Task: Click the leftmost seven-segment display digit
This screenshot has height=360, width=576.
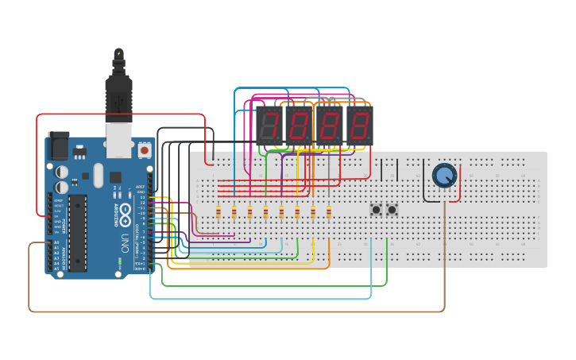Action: [270, 126]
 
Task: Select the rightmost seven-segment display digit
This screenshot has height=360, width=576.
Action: [360, 126]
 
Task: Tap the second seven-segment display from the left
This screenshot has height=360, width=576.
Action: [300, 126]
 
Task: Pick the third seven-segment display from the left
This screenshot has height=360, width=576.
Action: [330, 126]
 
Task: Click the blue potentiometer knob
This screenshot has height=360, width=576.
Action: [444, 175]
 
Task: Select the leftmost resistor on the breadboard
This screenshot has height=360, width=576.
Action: [218, 212]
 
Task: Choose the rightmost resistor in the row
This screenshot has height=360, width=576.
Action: [329, 212]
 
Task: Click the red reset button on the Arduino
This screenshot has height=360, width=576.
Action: [145, 149]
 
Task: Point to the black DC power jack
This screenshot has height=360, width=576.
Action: [59, 145]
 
